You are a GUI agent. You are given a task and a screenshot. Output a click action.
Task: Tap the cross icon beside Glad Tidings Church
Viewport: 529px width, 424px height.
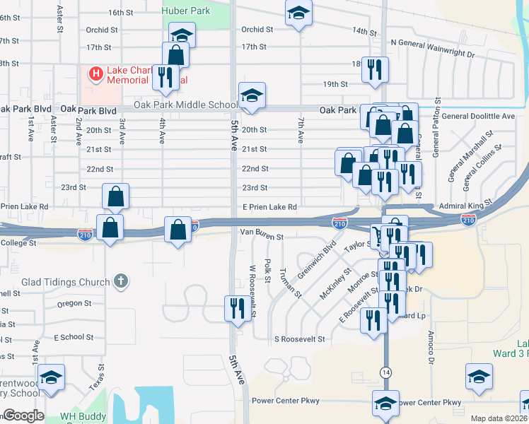121,281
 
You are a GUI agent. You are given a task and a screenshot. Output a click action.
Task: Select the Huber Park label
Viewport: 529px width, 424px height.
186,11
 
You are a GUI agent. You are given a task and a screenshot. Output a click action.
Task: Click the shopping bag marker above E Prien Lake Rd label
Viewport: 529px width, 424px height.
115,197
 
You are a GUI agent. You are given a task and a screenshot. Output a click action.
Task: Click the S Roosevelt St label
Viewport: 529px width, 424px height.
299,339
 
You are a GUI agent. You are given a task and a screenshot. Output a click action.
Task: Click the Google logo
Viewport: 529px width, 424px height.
23,416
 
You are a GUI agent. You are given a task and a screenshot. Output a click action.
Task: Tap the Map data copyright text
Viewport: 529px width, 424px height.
498,418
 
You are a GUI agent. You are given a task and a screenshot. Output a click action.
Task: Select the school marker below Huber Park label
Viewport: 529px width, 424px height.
182,35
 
